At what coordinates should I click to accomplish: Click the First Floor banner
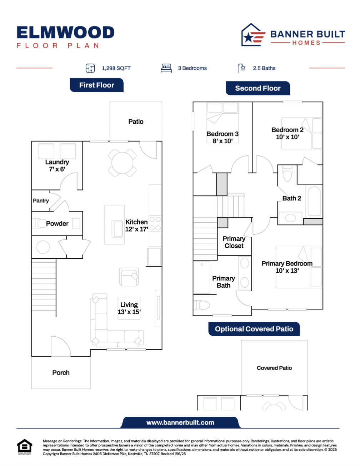[x=97, y=85]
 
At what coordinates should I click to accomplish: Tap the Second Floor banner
[x=258, y=88]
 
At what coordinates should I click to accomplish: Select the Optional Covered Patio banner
[x=254, y=329]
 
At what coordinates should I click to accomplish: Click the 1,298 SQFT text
[x=116, y=68]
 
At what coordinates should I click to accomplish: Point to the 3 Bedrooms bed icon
[x=166, y=68]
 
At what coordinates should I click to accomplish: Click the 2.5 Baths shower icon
[x=241, y=68]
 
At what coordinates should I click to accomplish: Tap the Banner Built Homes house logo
[x=253, y=35]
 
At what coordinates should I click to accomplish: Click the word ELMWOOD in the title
[x=66, y=33]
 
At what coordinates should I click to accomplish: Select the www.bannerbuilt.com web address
[x=180, y=422]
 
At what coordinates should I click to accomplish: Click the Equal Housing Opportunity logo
[x=25, y=447]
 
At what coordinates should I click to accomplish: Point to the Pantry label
[x=41, y=200]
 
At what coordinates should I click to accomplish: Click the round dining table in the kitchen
[x=122, y=163]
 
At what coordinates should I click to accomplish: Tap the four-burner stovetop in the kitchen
[x=155, y=223]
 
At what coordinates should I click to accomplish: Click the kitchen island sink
[x=117, y=229]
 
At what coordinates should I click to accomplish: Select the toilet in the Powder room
[x=39, y=223]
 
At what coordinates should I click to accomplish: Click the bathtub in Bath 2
[x=314, y=201]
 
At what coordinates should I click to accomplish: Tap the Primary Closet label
[x=234, y=242]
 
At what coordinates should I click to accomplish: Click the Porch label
[x=61, y=372]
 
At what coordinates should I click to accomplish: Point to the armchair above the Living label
[x=129, y=277]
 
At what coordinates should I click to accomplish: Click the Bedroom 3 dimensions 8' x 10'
[x=222, y=141]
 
